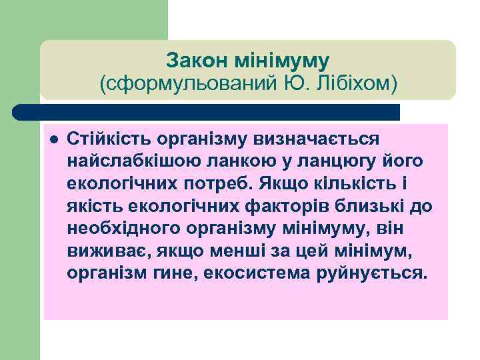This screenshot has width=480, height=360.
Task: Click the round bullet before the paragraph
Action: pyautogui.click(x=54, y=139)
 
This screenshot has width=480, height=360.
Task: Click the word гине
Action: pyautogui.click(x=181, y=274)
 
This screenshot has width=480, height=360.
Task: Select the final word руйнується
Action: pyautogui.click(x=369, y=274)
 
